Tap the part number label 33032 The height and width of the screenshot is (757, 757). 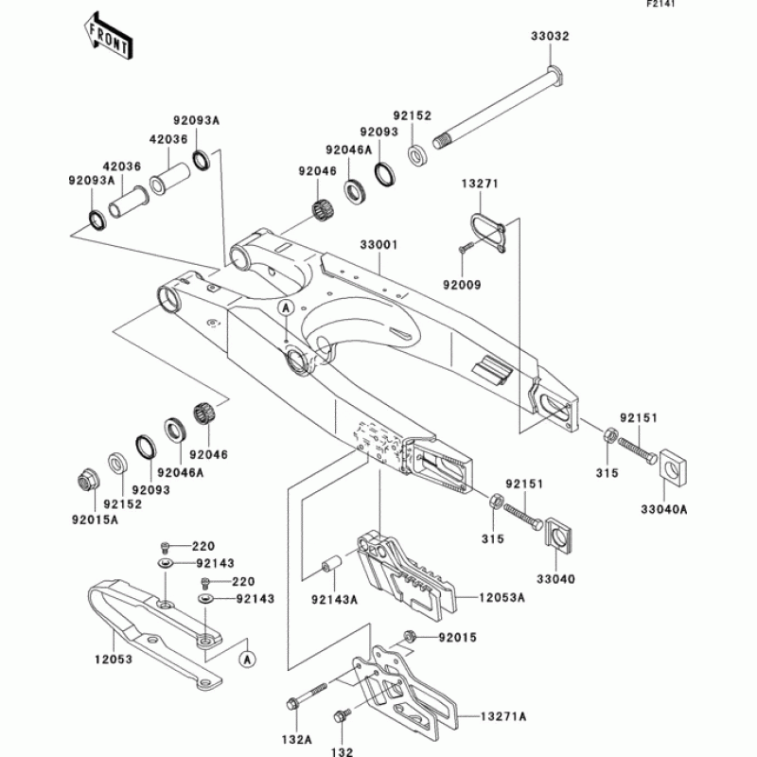tap(549, 36)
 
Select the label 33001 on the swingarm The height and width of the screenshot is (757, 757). tap(378, 244)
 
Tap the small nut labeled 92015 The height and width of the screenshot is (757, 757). tap(410, 636)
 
